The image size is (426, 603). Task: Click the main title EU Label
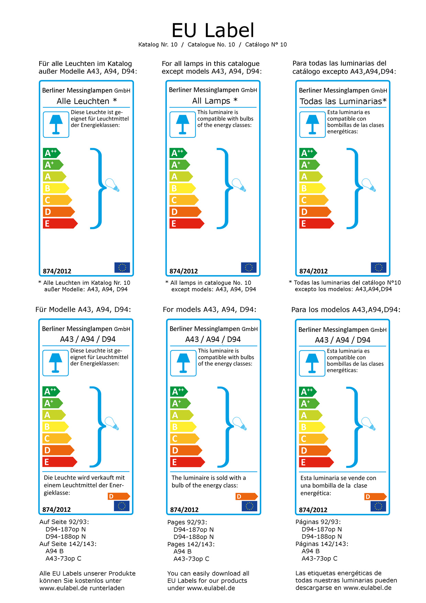213,30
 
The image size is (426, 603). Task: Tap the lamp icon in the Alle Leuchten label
56,124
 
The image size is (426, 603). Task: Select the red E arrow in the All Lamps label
187,223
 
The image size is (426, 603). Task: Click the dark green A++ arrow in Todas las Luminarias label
307,153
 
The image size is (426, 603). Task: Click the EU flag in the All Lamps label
249,267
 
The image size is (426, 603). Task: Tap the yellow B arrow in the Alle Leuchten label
56,188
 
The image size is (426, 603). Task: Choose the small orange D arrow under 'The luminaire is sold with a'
246,496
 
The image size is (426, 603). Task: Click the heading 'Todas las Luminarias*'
343,101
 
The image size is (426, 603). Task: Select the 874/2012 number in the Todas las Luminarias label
313,271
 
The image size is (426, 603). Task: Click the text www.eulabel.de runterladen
82,588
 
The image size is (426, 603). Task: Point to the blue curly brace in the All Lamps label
224,188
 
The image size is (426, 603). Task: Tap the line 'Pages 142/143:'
191,544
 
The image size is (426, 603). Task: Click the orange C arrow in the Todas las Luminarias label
313,200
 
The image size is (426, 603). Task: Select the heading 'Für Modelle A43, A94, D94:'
83,309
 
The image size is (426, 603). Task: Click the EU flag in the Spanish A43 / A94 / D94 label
378,506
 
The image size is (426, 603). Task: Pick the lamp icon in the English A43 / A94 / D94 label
183,363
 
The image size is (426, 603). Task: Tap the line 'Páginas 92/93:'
318,522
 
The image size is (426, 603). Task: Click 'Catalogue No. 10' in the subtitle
211,45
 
